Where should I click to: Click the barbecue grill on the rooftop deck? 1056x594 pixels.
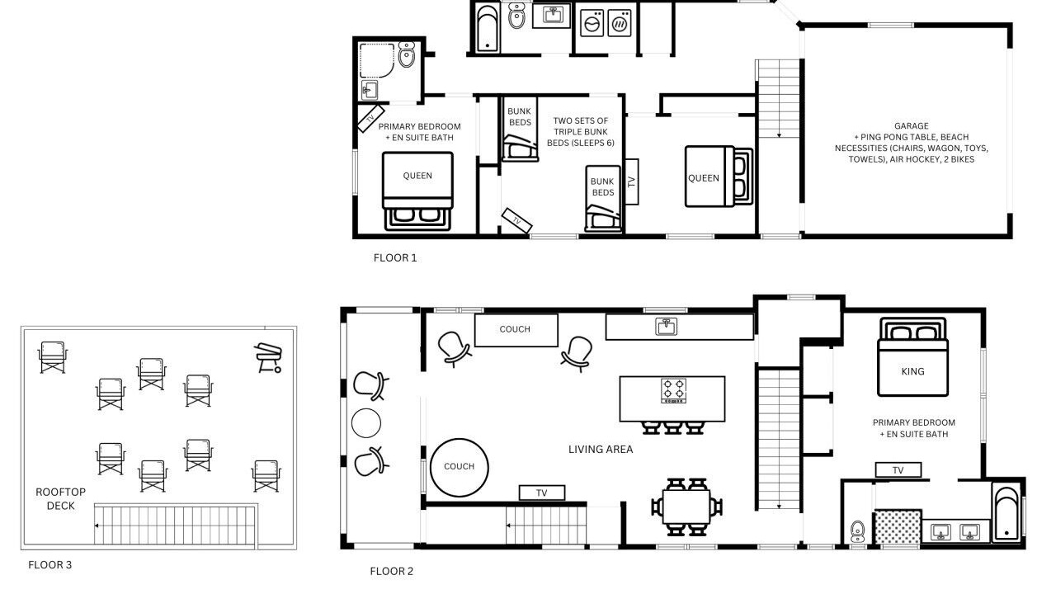click(x=268, y=358)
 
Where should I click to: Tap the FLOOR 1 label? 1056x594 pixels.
click(x=395, y=258)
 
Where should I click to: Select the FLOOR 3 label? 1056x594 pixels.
click(x=50, y=565)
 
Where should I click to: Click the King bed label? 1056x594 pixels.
click(x=912, y=371)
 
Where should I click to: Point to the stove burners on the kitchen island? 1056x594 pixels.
click(x=673, y=390)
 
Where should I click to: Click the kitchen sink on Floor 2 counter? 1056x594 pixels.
click(x=666, y=326)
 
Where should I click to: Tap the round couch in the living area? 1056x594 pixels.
click(x=460, y=467)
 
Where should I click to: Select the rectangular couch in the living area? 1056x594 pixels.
click(x=516, y=330)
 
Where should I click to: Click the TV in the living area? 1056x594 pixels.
click(x=542, y=493)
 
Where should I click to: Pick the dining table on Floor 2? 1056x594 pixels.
click(x=686, y=507)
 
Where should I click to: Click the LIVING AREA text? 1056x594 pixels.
click(x=601, y=450)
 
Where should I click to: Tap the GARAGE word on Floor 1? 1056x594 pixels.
click(x=912, y=126)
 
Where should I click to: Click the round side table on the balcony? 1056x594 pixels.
click(x=366, y=423)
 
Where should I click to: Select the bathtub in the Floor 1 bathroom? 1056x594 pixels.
click(x=487, y=28)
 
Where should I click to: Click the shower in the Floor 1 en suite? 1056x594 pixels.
click(x=377, y=61)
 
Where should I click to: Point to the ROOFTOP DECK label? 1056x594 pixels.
click(x=61, y=499)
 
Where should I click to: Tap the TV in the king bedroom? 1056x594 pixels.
click(x=898, y=470)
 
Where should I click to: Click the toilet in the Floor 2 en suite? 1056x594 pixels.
click(x=857, y=532)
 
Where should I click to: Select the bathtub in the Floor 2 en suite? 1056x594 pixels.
click(x=1006, y=514)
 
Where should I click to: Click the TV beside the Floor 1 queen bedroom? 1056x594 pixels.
click(x=632, y=181)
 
